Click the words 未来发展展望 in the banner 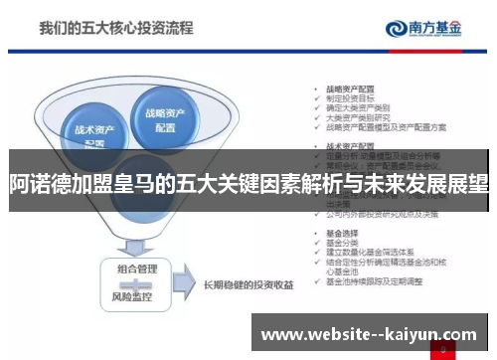(x=427, y=183)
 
